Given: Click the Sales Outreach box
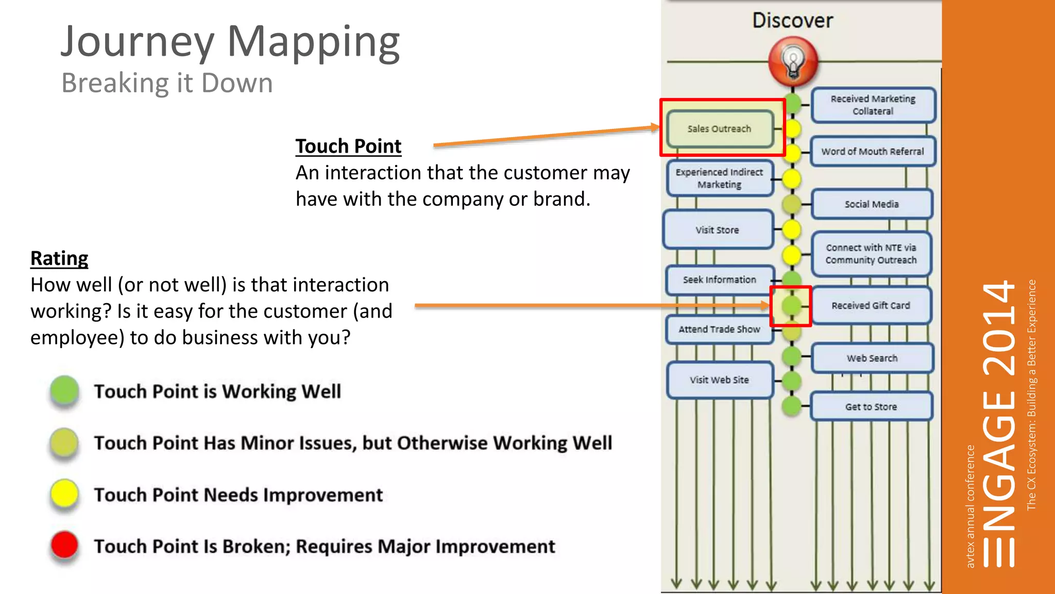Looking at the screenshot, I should click(x=720, y=129).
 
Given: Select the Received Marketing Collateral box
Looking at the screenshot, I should click(x=873, y=105).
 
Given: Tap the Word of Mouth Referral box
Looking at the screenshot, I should click(x=872, y=152).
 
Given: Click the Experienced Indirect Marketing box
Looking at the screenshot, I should click(x=719, y=178).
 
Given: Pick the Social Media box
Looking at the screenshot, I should click(x=872, y=204).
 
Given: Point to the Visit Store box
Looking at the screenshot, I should click(x=718, y=230).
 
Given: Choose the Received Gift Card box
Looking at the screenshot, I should click(x=871, y=306).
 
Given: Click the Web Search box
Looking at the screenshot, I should click(x=872, y=358).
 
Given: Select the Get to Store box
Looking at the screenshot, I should click(x=871, y=407).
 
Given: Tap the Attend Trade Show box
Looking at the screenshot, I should click(x=719, y=329).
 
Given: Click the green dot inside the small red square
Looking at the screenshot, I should click(x=791, y=306).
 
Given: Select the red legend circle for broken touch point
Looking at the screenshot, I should click(x=64, y=545).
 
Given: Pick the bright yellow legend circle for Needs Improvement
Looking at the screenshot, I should click(x=64, y=493).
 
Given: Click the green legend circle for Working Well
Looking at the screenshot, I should click(x=64, y=390).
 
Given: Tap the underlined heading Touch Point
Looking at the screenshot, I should click(x=348, y=146).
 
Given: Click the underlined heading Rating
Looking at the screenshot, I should click(x=59, y=258).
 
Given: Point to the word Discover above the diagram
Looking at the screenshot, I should click(x=792, y=21).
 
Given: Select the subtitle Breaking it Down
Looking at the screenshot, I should click(x=167, y=83).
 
